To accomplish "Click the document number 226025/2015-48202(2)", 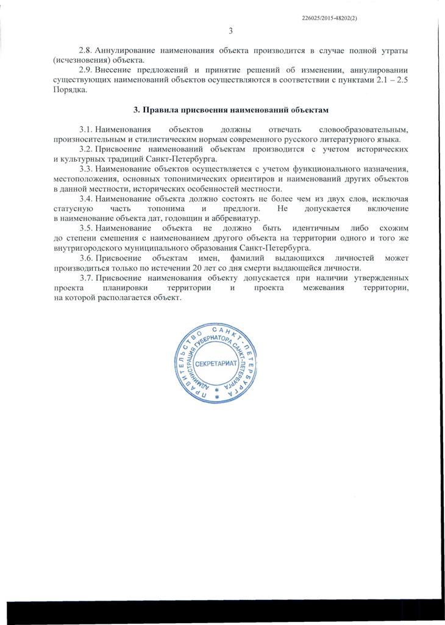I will (x=330, y=18).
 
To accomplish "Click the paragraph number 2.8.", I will (x=86, y=49).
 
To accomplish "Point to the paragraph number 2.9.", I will (x=86, y=71).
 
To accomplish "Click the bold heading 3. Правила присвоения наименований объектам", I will (x=231, y=110).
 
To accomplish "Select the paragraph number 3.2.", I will (x=86, y=150).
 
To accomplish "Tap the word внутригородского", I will (x=88, y=248).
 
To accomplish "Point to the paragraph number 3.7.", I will (x=86, y=278).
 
